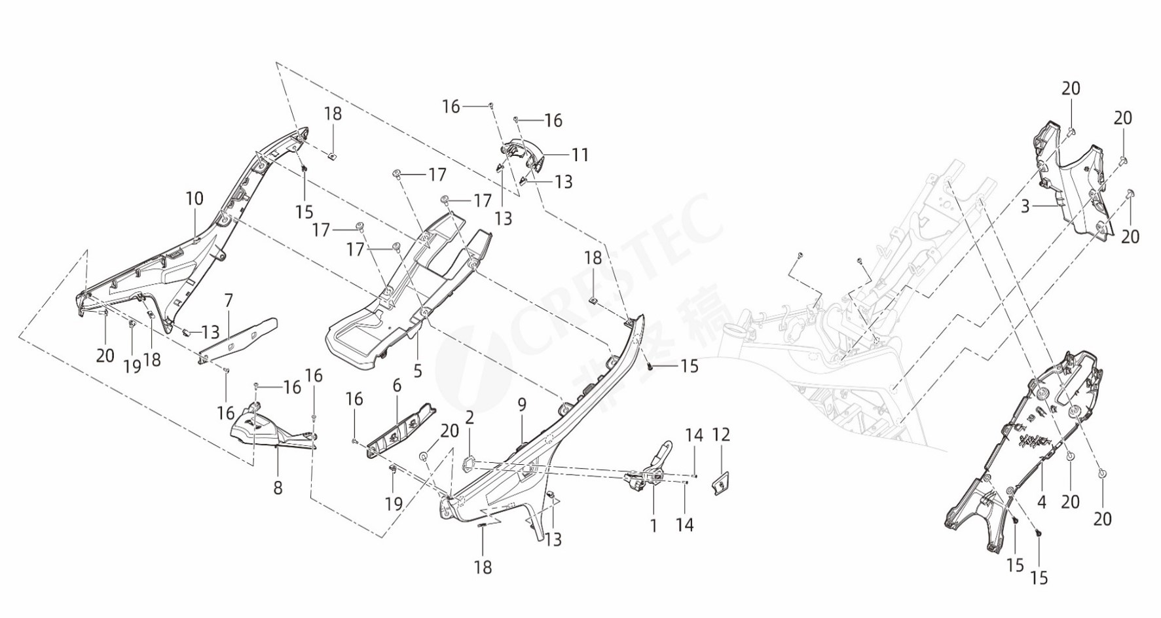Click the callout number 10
(194, 198)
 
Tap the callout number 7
(229, 301)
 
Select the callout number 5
(418, 371)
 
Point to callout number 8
(278, 488)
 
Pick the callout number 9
(522, 405)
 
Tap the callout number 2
(470, 418)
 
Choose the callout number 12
(721, 435)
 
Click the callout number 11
(580, 154)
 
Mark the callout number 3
(1025, 207)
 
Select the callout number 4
(1042, 503)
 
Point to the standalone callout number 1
(653, 525)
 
